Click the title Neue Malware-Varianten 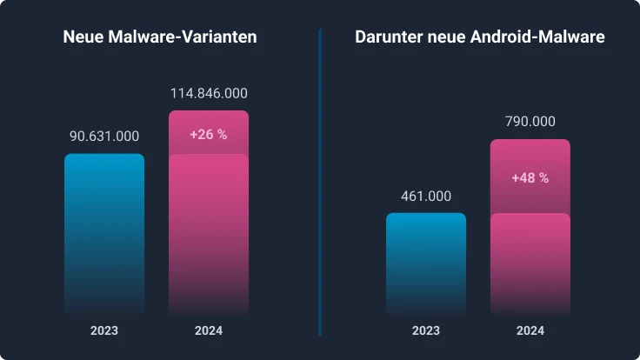click(x=159, y=37)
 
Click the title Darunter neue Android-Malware click(x=479, y=37)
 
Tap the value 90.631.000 click(x=104, y=137)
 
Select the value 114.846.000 click(x=208, y=93)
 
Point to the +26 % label click(x=208, y=135)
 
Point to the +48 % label click(x=530, y=177)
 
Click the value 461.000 click(x=426, y=197)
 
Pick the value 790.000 click(x=530, y=122)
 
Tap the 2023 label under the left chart click(x=104, y=331)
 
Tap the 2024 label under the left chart click(x=208, y=331)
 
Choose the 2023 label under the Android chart click(x=426, y=331)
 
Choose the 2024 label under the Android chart click(x=530, y=331)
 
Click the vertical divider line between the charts click(x=320, y=183)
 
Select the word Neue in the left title click(x=81, y=37)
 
